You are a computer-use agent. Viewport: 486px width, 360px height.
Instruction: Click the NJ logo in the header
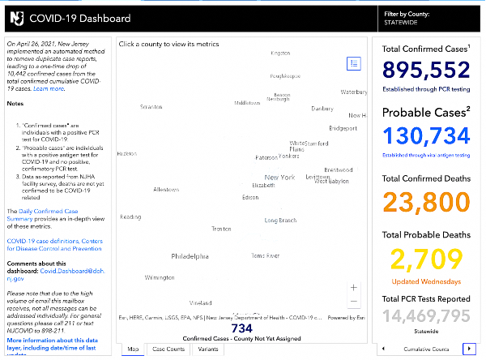pos(15,16)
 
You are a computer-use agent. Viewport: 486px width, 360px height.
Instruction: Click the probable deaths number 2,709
pos(425,260)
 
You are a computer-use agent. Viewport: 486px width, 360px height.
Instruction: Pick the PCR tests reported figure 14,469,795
pos(425,315)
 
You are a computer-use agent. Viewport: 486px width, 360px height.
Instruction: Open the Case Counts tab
pos(168,349)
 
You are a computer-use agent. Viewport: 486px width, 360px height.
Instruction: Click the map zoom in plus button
pos(353,287)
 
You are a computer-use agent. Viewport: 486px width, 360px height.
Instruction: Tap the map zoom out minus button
pos(353,302)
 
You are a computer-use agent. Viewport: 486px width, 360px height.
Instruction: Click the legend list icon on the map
pos(353,63)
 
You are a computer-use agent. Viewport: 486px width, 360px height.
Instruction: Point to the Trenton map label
pos(221,229)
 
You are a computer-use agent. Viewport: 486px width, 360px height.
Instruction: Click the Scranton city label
pos(151,106)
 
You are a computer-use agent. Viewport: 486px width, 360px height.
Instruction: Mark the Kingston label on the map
pos(280,54)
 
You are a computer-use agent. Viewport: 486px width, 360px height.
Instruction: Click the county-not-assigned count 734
pos(242,328)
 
